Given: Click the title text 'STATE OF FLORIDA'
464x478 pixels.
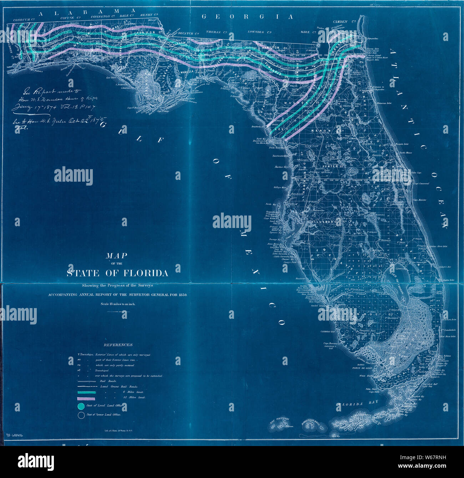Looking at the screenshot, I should point(117,273).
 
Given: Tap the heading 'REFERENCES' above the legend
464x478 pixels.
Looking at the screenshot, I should point(118,345).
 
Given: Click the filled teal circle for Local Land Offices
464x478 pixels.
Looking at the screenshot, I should point(81,406).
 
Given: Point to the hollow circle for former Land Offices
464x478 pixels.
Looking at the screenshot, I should point(81,415).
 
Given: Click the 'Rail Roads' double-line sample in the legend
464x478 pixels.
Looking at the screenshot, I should point(86,381).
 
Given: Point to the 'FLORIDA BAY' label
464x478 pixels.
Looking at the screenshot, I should point(356,404).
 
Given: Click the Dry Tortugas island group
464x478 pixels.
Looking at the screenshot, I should point(281,422).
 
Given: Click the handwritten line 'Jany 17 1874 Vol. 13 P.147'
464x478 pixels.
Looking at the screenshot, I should point(54,107).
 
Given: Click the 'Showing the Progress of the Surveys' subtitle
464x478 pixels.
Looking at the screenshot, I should point(117,285).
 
